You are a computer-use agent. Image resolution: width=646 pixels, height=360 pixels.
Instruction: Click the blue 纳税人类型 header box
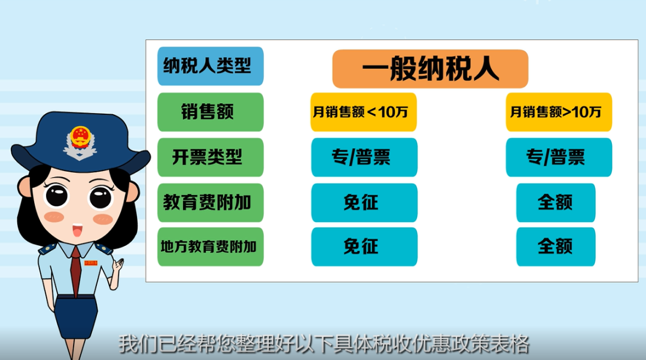coord(211,66)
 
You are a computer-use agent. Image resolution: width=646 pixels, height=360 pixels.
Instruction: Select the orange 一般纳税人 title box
coord(430,69)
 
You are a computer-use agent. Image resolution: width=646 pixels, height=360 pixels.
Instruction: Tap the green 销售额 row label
coord(211,112)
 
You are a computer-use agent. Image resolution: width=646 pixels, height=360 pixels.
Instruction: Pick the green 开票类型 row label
coord(211,157)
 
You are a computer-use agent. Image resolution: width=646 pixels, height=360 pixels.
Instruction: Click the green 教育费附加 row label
coord(211,203)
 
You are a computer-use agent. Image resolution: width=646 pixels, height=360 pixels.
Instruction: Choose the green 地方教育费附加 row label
coord(211,247)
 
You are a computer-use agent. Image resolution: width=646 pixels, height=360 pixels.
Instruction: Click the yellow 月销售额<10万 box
coord(364,112)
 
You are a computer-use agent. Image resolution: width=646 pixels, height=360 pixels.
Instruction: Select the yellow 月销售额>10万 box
coord(559,112)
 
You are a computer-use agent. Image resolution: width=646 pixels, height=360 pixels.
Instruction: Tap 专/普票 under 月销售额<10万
coord(364,157)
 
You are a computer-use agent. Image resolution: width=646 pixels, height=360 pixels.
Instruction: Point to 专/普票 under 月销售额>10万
coord(559,157)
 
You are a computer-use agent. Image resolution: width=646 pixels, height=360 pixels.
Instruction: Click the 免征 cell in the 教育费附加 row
coord(364,203)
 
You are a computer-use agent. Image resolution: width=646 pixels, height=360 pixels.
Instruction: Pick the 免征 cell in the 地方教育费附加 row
coord(364,247)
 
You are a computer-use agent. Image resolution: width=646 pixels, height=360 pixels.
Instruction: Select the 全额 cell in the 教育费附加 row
coord(556,203)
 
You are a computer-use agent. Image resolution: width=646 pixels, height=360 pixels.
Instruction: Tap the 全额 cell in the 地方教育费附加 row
coord(556,247)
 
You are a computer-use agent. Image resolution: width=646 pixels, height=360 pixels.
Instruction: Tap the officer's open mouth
coord(77,231)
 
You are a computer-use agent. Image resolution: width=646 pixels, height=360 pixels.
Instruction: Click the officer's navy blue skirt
coord(76,316)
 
